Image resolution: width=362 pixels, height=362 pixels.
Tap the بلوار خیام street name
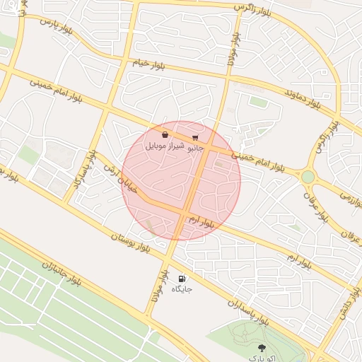pos(149,64)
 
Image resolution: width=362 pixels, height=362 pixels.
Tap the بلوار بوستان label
pos(131,243)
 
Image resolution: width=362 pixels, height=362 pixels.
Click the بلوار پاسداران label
pos(247,310)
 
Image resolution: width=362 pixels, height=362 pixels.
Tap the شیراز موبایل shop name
pos(165,146)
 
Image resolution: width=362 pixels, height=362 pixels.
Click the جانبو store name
pos(194,148)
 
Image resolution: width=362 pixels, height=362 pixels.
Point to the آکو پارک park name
pos(262,358)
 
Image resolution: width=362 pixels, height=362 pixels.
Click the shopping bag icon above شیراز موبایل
pos(165,134)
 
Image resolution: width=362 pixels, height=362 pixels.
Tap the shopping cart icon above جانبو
pos(195,137)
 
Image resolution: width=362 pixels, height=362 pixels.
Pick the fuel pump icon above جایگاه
pos(182,279)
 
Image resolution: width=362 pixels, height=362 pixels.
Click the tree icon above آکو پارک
pos(262,347)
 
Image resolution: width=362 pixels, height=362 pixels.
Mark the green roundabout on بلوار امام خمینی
pos(308,176)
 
